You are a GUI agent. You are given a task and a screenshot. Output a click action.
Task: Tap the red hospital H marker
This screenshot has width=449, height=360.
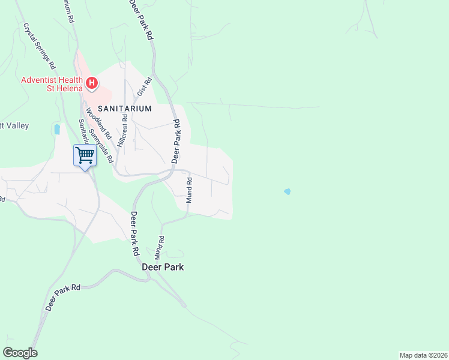pyautogui.click(x=91, y=83)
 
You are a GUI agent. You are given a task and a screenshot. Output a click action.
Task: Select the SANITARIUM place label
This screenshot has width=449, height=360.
pyautogui.click(x=124, y=109)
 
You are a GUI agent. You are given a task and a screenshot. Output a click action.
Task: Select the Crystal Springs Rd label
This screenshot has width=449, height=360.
pyautogui.click(x=40, y=46)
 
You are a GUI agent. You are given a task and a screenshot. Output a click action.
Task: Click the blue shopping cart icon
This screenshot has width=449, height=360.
pyautogui.click(x=85, y=155)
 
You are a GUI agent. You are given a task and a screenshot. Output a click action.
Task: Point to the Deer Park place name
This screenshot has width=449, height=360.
pyautogui.click(x=163, y=267)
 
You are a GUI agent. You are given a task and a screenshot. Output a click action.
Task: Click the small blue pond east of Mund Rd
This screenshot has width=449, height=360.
pyautogui.click(x=288, y=191)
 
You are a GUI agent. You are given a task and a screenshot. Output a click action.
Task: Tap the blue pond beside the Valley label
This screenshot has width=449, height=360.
pyautogui.click(x=57, y=129)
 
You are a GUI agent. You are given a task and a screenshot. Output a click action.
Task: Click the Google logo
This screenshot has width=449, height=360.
pyautogui.click(x=20, y=353)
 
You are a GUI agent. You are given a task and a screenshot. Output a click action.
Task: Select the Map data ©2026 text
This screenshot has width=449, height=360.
pyautogui.click(x=423, y=355)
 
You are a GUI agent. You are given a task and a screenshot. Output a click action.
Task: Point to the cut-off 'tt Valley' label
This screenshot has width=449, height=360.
pyautogui.click(x=14, y=126)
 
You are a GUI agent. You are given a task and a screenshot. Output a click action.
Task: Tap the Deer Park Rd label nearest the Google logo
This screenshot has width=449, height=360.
pyautogui.click(x=62, y=298)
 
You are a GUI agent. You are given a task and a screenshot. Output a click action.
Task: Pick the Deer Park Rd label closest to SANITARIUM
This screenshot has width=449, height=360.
pyautogui.click(x=176, y=140)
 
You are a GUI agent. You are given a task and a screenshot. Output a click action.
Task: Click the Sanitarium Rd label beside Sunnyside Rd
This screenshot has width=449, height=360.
pyautogui.click(x=83, y=131)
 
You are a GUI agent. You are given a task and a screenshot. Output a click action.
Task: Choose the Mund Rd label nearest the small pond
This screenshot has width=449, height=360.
pyautogui.click(x=188, y=190)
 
